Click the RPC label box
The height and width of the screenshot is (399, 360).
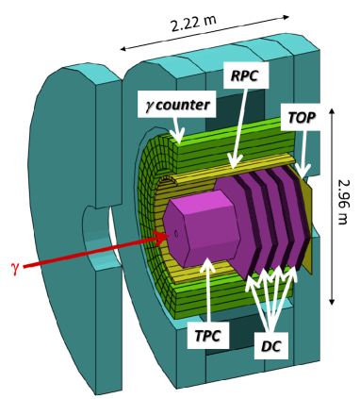coord(246,75)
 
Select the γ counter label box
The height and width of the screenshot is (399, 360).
coord(177,105)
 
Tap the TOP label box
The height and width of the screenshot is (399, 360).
coord(301,117)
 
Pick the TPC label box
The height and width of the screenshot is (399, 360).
coord(208,335)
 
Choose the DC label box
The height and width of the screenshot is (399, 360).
coord(271,345)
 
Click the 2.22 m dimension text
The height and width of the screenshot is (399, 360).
coord(193,23)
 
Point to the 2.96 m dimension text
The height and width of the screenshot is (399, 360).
coord(342,202)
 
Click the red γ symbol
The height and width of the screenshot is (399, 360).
coord(15,269)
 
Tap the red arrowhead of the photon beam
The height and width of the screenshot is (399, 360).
coord(161,236)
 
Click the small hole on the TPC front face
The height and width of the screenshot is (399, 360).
coord(176,234)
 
